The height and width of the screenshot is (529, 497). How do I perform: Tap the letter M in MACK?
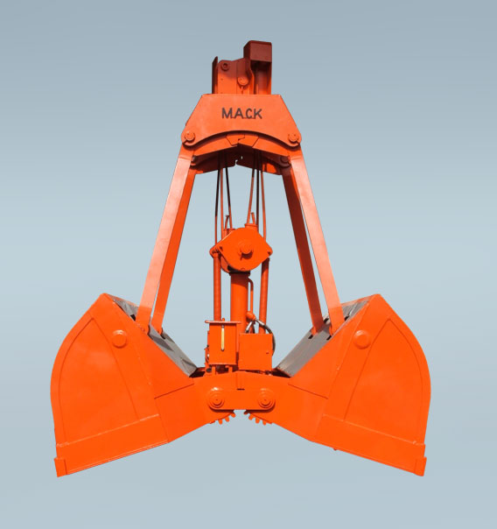click(226, 114)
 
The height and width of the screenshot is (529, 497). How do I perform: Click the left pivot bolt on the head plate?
click(188, 137)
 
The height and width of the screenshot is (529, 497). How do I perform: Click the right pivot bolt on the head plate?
click(293, 137)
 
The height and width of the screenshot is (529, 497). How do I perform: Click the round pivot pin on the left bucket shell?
click(119, 338)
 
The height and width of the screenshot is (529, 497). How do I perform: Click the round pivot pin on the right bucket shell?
click(361, 338)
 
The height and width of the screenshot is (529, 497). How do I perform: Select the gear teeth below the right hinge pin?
click(258, 418)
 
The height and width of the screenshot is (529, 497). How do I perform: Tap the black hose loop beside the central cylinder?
click(264, 328)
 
